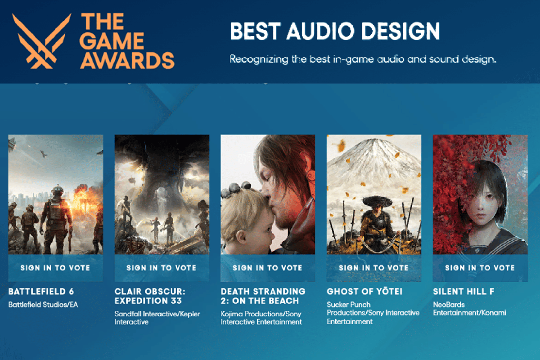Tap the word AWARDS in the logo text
click(x=127, y=59)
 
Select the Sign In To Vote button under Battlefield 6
click(x=55, y=267)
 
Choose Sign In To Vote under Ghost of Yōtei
click(x=374, y=267)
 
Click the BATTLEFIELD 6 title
click(x=41, y=292)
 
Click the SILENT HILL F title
click(x=463, y=292)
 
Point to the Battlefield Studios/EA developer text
click(x=43, y=305)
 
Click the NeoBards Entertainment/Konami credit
click(x=469, y=309)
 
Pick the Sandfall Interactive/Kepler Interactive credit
click(x=157, y=318)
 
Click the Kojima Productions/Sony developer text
click(x=261, y=318)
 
